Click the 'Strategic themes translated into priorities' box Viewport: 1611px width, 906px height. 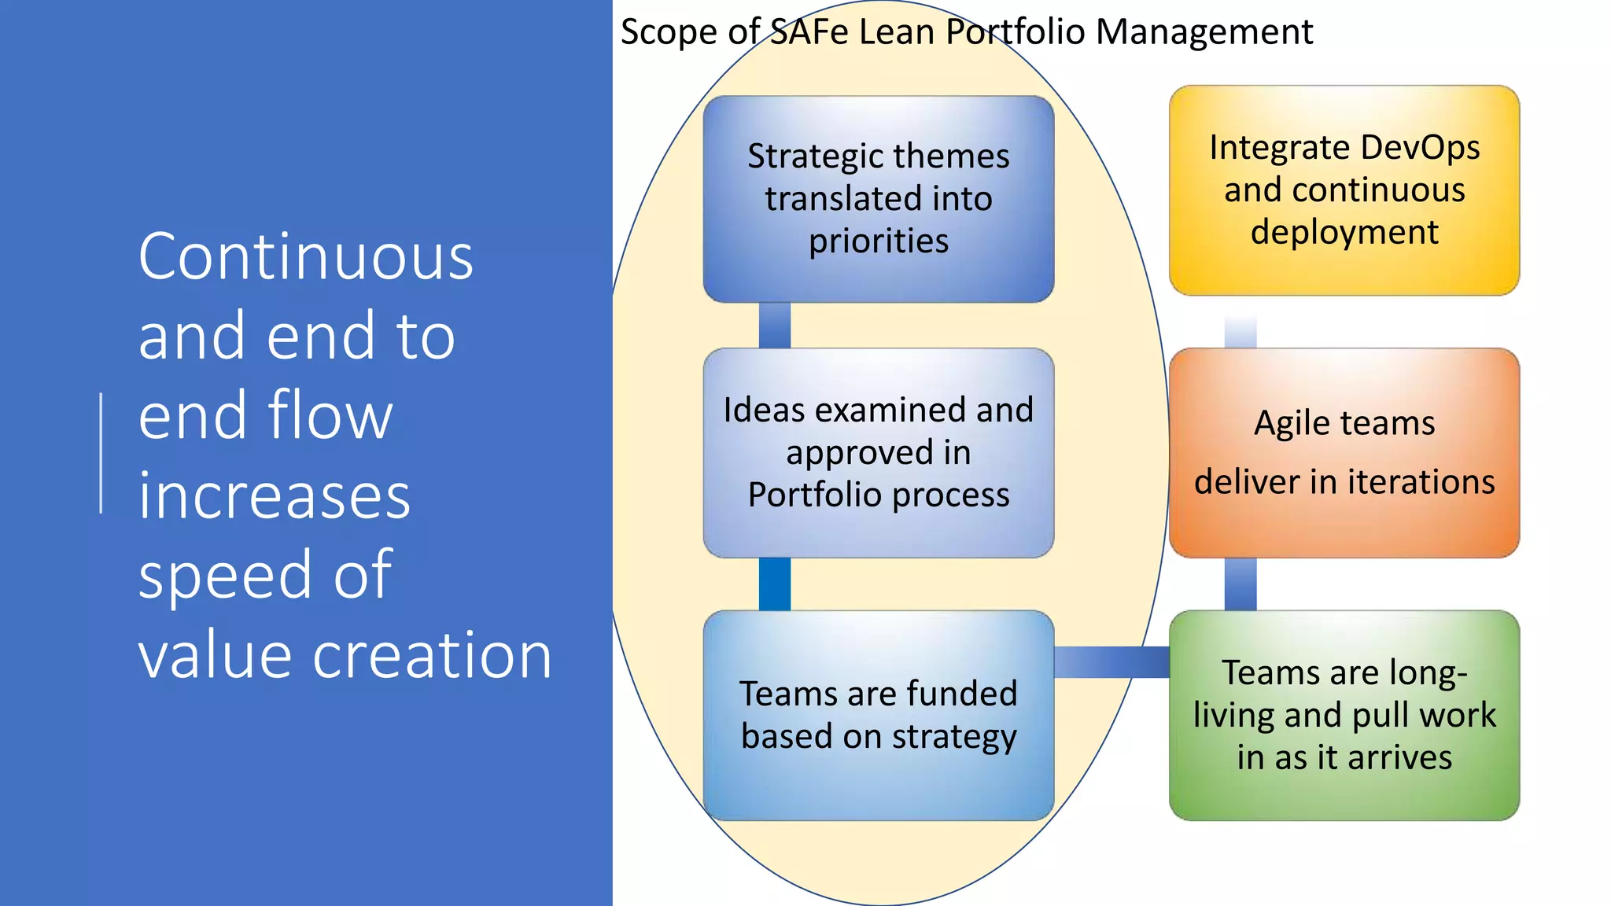[x=878, y=198]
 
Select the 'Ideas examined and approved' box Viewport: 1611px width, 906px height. [x=878, y=452]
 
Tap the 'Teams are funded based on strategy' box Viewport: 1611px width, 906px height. [x=878, y=715]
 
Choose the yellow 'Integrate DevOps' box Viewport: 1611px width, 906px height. [x=1344, y=190]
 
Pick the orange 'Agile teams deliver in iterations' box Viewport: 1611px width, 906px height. [x=1344, y=452]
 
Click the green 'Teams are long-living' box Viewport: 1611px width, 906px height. [x=1344, y=715]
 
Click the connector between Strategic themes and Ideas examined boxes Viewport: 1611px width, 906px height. [x=774, y=325]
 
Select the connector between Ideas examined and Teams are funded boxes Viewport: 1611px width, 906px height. [x=774, y=584]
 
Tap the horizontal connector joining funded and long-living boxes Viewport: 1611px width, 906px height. [x=1111, y=661]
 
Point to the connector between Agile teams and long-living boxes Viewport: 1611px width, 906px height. [x=1240, y=584]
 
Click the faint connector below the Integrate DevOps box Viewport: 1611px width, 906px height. [x=1240, y=332]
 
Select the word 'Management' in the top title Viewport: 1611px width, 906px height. [x=1204, y=32]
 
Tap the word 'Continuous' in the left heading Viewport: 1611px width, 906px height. [x=305, y=257]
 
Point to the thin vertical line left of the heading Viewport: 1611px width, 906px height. [x=101, y=453]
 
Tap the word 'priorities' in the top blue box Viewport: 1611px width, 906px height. [x=878, y=241]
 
